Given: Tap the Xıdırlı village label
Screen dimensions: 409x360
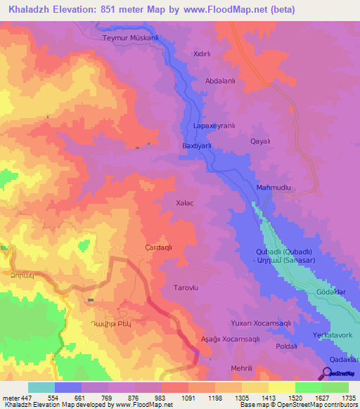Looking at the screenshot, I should pyautogui.click(x=202, y=53).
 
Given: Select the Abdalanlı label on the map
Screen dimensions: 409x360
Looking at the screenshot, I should pyautogui.click(x=219, y=81).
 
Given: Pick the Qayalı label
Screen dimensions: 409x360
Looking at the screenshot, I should pyautogui.click(x=261, y=141).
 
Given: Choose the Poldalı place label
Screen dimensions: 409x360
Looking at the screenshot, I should pyautogui.click(x=286, y=346).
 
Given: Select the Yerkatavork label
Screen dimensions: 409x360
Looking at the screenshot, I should pyautogui.click(x=335, y=336).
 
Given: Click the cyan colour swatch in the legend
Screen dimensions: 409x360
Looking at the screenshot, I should pyautogui.click(x=41, y=387).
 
